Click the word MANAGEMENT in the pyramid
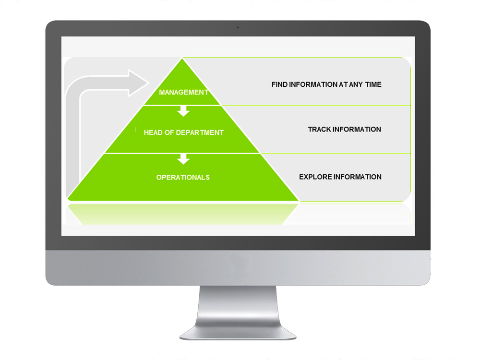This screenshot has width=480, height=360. [183, 92]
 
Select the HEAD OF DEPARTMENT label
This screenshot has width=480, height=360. [183, 132]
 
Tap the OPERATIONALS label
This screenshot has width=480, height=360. [183, 178]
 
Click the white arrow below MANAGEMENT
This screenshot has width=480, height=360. [183, 111]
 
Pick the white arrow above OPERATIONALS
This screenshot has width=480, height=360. [183, 159]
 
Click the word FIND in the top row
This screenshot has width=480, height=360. [279, 84]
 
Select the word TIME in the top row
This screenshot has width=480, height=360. [372, 84]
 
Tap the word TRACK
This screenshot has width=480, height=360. [319, 130]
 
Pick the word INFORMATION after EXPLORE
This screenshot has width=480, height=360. [358, 177]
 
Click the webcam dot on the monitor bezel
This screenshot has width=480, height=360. [237, 27]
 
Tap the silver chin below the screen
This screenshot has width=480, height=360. [238, 267]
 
